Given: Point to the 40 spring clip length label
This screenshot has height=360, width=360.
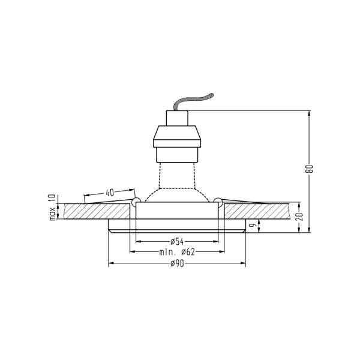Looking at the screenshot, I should click(x=109, y=193).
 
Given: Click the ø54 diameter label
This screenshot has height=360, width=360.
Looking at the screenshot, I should click(x=176, y=241).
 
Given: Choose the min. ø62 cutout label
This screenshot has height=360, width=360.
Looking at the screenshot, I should click(x=177, y=252).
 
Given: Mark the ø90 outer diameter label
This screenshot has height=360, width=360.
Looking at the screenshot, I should click(x=176, y=263).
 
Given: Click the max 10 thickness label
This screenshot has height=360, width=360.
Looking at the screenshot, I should click(x=52, y=208).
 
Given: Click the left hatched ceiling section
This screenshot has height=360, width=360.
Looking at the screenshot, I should click(x=96, y=211).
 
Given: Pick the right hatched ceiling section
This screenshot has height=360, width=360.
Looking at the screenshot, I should click(x=258, y=211).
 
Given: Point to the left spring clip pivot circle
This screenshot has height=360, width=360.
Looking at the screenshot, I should click(x=136, y=200).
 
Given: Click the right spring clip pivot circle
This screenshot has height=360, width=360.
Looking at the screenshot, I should click(x=218, y=200).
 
